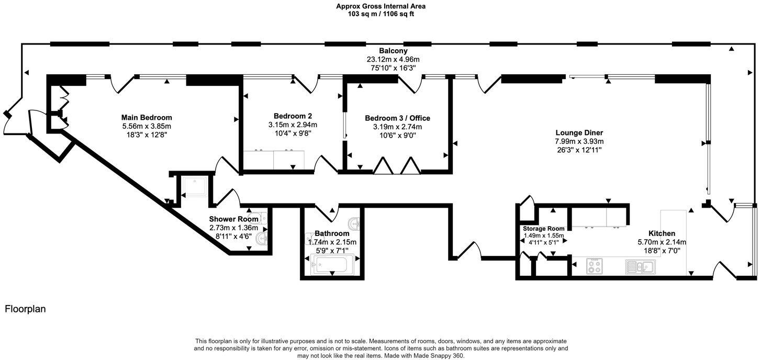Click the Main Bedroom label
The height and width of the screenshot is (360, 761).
point(147,118)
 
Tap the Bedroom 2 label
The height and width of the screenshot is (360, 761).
point(293,116)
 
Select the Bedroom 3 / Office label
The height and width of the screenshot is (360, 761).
point(397,118)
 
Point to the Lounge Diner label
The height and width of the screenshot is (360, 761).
point(579,133)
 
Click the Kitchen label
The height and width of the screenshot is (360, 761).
point(662,233)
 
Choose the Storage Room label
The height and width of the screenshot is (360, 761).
point(544,229)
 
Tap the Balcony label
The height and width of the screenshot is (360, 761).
point(393,51)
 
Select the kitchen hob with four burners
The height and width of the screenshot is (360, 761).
point(595,267)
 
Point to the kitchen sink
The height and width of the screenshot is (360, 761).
point(641,267)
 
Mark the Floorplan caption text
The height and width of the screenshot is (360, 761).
point(25,309)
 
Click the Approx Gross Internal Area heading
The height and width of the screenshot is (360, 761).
point(380,6)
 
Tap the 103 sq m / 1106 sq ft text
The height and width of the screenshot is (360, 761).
point(380,14)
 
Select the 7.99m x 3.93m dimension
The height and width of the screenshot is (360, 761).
point(579,141)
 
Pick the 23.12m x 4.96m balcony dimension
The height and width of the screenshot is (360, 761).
point(393,59)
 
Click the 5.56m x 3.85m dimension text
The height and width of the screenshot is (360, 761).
point(147,126)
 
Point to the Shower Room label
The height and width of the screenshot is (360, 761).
point(233,219)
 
